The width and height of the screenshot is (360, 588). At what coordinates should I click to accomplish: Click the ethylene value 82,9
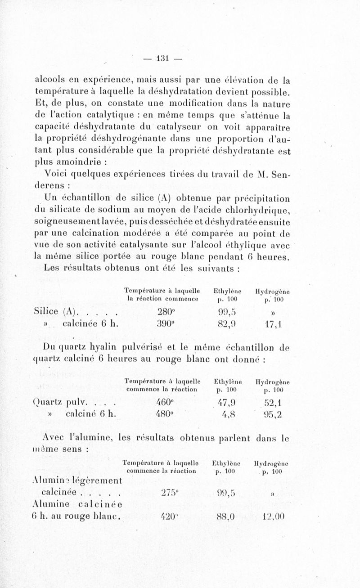point(226,324)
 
